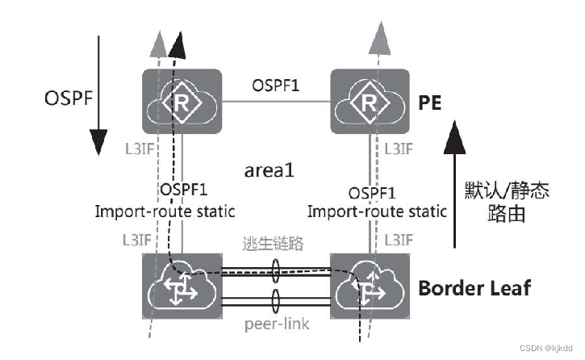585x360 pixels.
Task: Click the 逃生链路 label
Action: [274, 243]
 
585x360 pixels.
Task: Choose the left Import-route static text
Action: [165, 212]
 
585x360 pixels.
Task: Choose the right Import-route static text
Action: [377, 212]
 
